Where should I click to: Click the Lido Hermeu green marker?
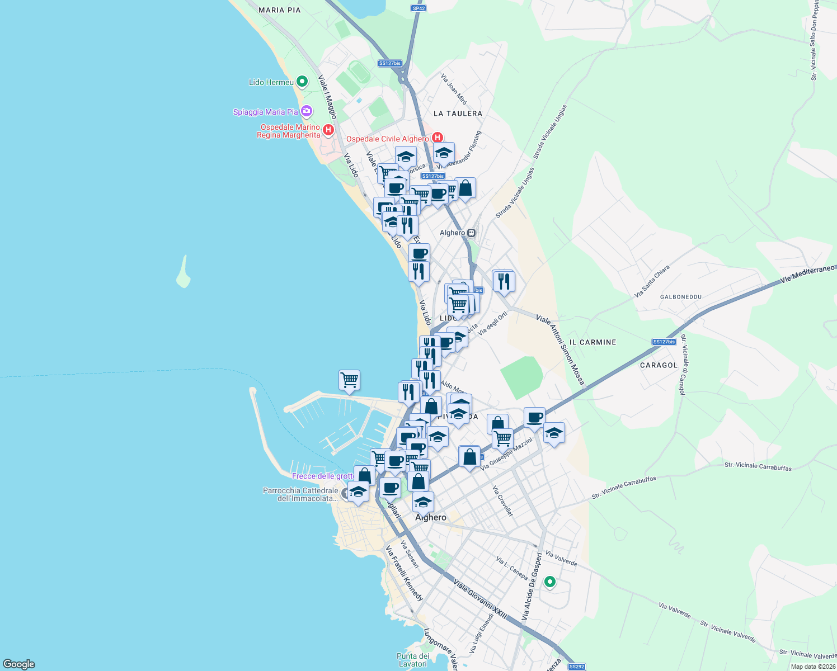pos(302,82)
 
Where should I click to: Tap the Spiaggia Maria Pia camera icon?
pos(306,111)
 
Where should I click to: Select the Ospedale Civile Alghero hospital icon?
pos(438,138)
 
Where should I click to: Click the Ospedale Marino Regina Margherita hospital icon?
pos(328,131)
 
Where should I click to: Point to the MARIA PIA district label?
pos(280,10)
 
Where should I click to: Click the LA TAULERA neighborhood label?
pos(458,114)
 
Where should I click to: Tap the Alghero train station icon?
pos(472,233)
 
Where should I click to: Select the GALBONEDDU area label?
pos(680,297)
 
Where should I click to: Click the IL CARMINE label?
pos(593,342)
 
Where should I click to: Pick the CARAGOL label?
pos(659,365)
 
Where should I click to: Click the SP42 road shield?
pos(418,8)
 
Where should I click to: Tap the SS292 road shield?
pos(576,667)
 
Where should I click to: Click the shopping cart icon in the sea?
pos(349,381)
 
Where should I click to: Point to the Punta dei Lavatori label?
pos(413,660)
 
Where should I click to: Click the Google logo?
pos(19,664)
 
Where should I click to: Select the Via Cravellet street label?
pos(502,501)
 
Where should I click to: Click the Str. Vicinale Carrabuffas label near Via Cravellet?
pos(624,488)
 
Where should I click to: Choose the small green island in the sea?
pos(183,272)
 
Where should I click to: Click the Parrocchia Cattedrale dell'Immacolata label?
pos(300,494)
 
